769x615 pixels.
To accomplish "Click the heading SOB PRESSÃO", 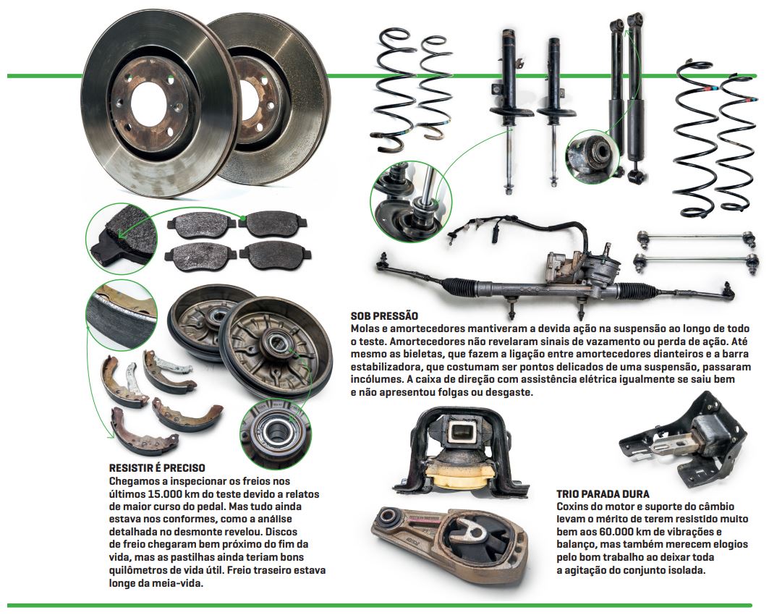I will click(x=383, y=317).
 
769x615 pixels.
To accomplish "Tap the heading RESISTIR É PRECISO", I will click(x=156, y=468).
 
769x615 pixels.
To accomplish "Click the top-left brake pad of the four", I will click(x=199, y=228).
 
